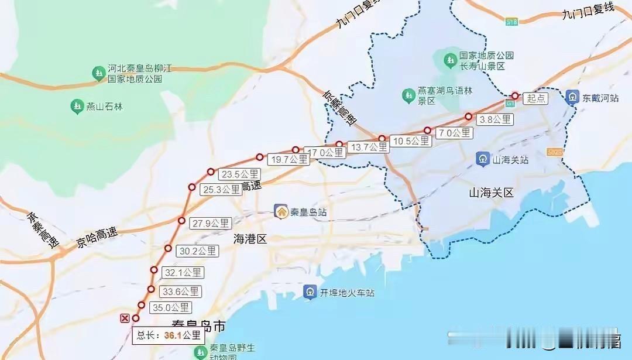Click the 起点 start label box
(536, 98)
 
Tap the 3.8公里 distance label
(495, 119)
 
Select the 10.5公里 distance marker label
(411, 140)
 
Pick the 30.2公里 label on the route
(198, 251)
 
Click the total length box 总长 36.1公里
(169, 335)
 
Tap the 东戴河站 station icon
(572, 97)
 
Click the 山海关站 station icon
(483, 159)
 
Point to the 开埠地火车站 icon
(310, 292)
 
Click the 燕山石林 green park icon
(76, 107)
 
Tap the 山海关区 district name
(491, 193)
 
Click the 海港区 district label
(250, 238)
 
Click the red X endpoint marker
(124, 318)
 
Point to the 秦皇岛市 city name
(199, 325)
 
